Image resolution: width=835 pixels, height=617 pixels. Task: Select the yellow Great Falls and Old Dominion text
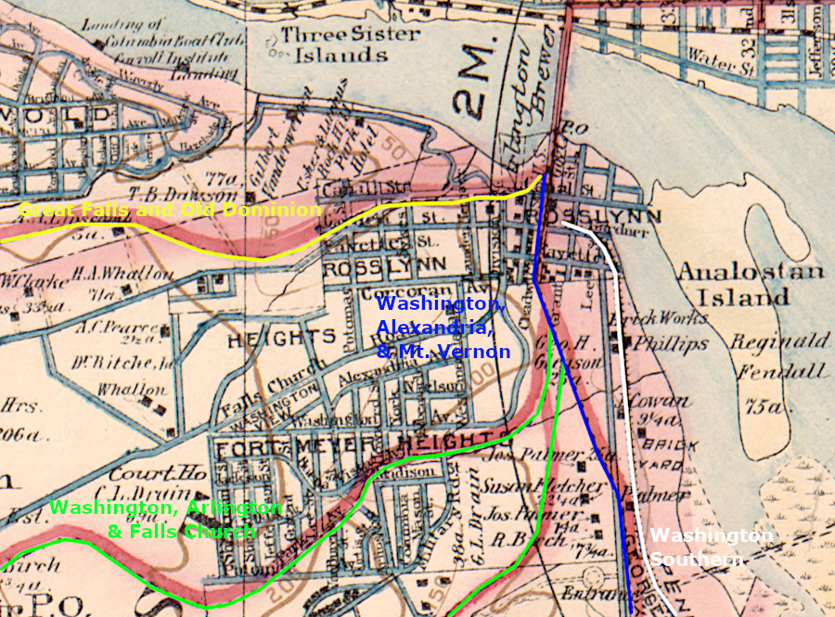[x=169, y=211]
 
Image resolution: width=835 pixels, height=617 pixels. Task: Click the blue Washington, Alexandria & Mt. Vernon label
[x=443, y=328]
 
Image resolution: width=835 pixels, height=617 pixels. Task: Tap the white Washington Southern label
[x=711, y=547]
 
